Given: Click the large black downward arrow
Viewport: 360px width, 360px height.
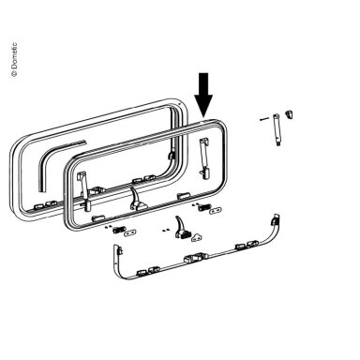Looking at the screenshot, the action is [203, 94].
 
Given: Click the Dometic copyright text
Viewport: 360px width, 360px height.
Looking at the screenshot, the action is [14, 59].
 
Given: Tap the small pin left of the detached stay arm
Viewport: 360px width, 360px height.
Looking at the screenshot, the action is [264, 118].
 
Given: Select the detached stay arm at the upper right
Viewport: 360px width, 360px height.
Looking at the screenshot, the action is [277, 129].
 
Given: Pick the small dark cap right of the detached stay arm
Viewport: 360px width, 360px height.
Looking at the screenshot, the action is [288, 114].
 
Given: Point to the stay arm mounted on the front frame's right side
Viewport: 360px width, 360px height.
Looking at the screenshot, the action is [203, 158].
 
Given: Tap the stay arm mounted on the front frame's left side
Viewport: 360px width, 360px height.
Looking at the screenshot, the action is [84, 191].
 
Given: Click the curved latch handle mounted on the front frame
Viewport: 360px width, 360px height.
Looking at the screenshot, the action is [137, 199].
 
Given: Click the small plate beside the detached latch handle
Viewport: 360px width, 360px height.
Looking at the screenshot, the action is [198, 237].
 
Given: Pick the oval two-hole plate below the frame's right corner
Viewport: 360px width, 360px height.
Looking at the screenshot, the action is [215, 211].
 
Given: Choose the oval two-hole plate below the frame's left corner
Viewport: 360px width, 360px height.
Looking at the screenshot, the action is [130, 232].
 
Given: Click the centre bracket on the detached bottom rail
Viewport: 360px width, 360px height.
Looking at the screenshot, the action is [195, 258].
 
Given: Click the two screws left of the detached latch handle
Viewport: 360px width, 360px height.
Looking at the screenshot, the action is [165, 230].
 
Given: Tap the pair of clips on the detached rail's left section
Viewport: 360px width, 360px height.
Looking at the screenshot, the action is [149, 271].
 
